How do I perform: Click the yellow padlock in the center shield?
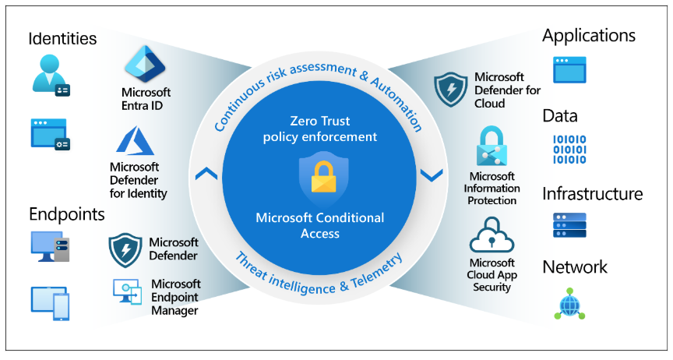pos(323,177)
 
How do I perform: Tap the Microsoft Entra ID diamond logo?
pos(145,64)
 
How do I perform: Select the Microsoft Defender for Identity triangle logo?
pos(135,140)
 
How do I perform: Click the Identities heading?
pos(62,39)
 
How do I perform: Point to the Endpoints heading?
pos(67,214)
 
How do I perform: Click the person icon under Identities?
pos(51,75)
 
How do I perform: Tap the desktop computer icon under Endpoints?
pos(50,246)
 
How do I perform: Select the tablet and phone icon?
pos(50,303)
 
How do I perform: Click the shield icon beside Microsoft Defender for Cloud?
pos(450,90)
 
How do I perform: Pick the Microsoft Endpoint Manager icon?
pos(128,292)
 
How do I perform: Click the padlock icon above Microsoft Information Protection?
pos(492,146)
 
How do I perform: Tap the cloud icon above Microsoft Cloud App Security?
pos(492,235)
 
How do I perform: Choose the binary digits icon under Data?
pos(569,150)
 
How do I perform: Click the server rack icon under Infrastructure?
pos(569,225)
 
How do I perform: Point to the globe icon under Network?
pos(569,304)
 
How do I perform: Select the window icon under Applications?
pos(569,70)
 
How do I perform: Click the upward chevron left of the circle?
pos(206,174)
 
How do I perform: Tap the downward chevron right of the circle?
pos(432,175)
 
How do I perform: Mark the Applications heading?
pos(589,36)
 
